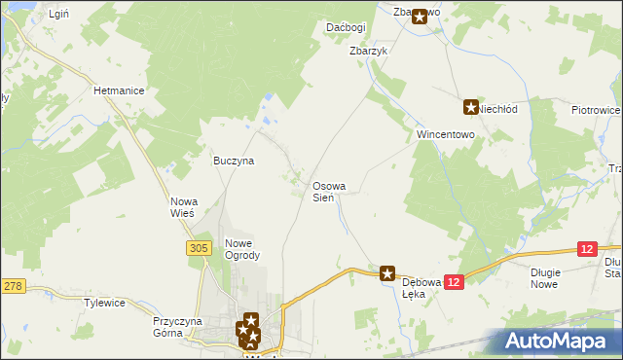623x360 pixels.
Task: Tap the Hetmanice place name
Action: (x=119, y=90)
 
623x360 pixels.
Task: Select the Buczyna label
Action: (x=234, y=161)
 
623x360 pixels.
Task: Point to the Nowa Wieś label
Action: (x=183, y=206)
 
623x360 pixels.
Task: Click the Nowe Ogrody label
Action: (x=242, y=249)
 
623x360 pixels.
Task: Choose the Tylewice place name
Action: (x=104, y=303)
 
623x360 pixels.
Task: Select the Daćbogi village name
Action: (x=346, y=28)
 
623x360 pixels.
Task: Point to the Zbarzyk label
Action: (x=369, y=51)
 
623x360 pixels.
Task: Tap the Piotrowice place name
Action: (x=596, y=111)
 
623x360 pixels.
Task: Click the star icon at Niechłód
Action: (x=471, y=107)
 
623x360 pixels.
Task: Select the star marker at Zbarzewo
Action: (x=420, y=17)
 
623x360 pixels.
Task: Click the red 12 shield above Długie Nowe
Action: (x=585, y=250)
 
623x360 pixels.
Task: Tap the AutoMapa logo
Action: (x=558, y=341)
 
